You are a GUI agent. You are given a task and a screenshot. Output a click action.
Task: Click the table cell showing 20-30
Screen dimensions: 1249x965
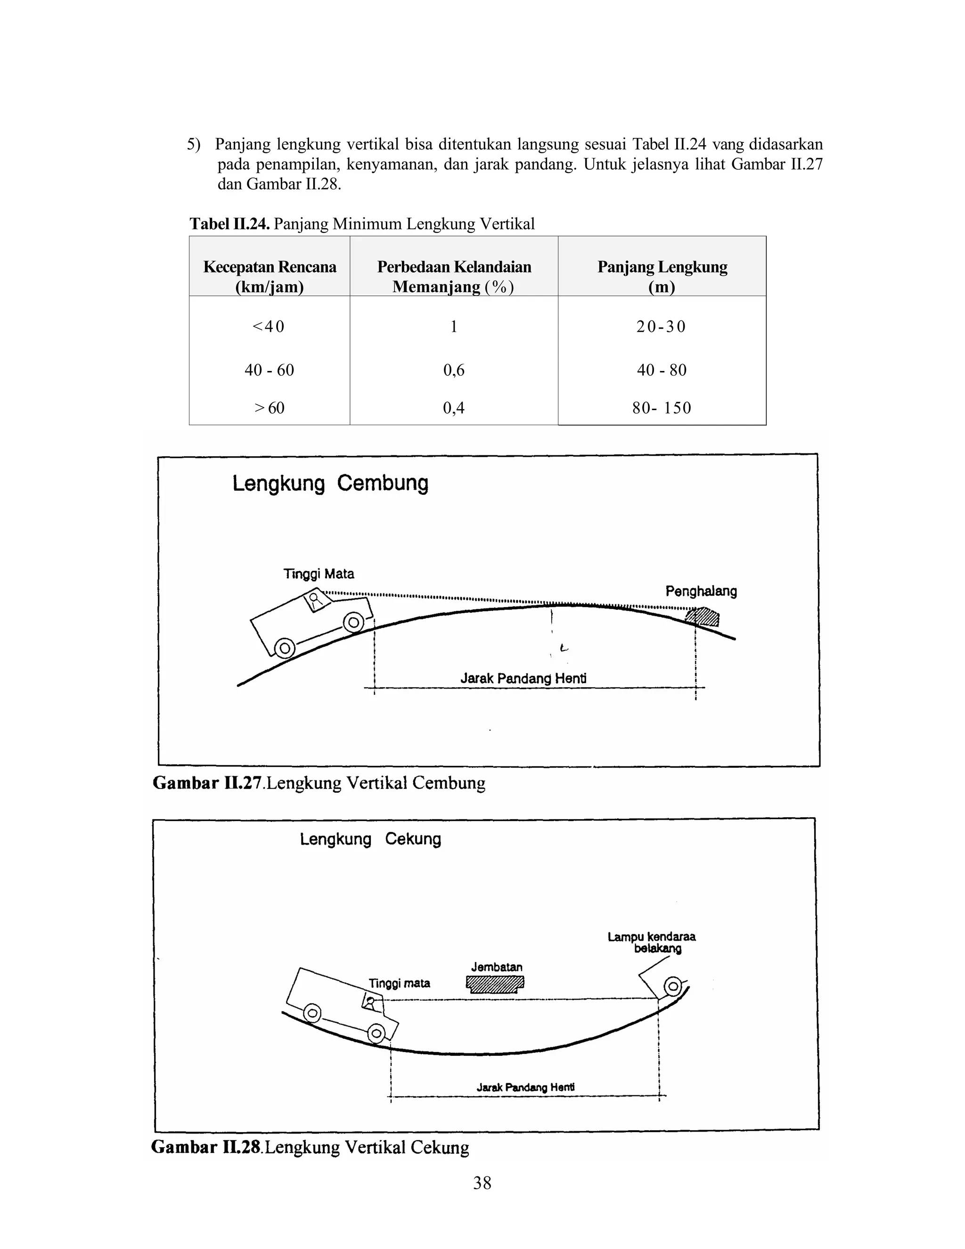click(661, 327)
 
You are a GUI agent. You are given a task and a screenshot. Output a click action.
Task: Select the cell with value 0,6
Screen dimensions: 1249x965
click(453, 370)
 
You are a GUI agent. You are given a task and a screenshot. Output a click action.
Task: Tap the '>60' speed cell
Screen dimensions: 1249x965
click(269, 408)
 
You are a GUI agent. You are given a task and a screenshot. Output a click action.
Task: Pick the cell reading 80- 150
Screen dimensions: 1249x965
click(662, 408)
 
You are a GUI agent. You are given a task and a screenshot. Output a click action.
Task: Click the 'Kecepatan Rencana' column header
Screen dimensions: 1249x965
click(269, 276)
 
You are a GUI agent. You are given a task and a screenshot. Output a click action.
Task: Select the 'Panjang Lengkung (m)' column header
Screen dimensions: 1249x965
click(662, 276)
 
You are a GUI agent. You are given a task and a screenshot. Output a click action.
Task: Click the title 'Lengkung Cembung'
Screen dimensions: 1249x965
click(330, 483)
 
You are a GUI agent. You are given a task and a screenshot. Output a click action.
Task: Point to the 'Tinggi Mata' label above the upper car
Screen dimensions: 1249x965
click(319, 574)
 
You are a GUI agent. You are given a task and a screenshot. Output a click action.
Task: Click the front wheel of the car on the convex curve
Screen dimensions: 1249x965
click(353, 622)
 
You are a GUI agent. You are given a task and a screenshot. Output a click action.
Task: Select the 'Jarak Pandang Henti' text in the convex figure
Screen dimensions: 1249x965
click(523, 679)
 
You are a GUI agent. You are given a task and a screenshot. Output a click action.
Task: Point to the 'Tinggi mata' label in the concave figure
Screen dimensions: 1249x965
click(399, 983)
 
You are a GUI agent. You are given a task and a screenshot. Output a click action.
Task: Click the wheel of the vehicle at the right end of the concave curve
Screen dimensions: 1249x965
click(673, 986)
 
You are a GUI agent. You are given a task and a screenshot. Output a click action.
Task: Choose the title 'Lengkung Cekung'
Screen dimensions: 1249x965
click(370, 839)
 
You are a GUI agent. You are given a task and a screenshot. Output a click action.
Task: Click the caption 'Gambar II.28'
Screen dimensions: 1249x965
click(206, 1147)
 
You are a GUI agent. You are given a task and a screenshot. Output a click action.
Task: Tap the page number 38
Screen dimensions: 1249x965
click(482, 1182)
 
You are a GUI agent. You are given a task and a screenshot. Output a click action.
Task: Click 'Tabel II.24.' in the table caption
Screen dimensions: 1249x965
click(229, 223)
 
